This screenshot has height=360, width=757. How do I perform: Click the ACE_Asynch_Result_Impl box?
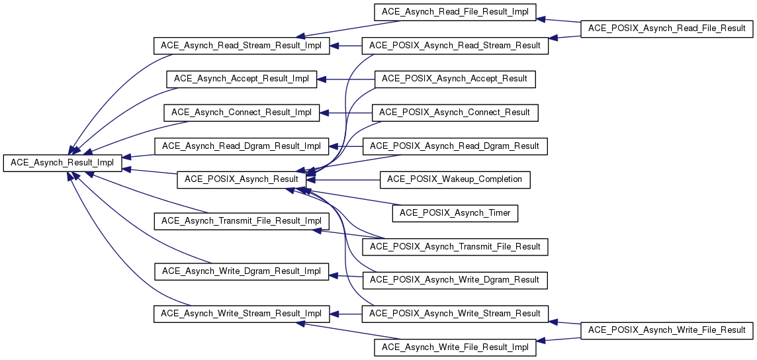coord(62,163)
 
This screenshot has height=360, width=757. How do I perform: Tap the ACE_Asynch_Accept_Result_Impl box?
coord(241,79)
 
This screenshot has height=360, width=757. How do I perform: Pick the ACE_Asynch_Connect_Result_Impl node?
coord(241,112)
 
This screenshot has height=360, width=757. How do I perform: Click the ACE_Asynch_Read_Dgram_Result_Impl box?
coord(241,146)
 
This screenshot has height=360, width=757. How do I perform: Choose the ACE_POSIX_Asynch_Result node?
coord(241,179)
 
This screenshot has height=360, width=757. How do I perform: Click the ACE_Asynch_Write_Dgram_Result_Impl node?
coord(241,271)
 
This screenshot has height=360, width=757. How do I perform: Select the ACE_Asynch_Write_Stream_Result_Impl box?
coord(241,313)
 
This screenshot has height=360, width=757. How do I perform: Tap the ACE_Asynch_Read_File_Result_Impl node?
coord(455,13)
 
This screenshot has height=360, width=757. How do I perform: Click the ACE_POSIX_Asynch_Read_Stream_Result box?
coord(455,46)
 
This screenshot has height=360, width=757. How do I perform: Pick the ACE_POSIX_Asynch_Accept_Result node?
coord(455,79)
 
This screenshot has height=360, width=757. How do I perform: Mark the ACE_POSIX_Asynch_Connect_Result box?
coord(455,112)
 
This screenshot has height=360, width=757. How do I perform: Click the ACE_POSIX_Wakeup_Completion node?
coord(455,179)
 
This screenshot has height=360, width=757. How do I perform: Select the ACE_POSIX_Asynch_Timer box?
coord(455,213)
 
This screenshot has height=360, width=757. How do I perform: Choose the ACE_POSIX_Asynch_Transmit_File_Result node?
coord(455,247)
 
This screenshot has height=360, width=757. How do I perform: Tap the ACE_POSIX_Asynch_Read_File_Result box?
coord(666,29)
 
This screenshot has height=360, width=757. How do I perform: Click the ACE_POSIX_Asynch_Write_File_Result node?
coord(666,330)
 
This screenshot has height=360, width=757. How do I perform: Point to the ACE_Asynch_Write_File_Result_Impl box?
coord(455,347)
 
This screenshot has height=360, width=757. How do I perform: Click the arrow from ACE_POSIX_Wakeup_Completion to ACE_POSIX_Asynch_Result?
coord(344,179)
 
